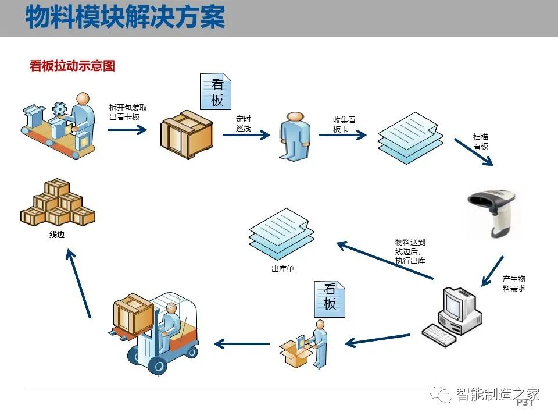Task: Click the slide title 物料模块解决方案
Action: [125, 16]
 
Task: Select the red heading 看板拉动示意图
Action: [72, 66]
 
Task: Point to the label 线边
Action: [57, 235]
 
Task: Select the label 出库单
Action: [282, 269]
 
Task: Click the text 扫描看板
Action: [481, 141]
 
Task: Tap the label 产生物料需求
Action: [514, 283]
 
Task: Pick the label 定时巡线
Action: [244, 123]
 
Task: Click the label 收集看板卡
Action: [344, 125]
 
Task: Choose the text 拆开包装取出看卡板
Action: [128, 112]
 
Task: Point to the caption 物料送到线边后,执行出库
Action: [410, 251]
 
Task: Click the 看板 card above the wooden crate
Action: [215, 91]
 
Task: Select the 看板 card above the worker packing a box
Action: [329, 299]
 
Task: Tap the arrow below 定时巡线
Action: [246, 135]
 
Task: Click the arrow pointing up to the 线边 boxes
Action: [78, 283]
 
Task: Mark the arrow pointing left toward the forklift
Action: [242, 344]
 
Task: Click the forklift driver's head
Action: [171, 308]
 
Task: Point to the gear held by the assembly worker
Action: [59, 109]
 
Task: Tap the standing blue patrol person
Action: [294, 136]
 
